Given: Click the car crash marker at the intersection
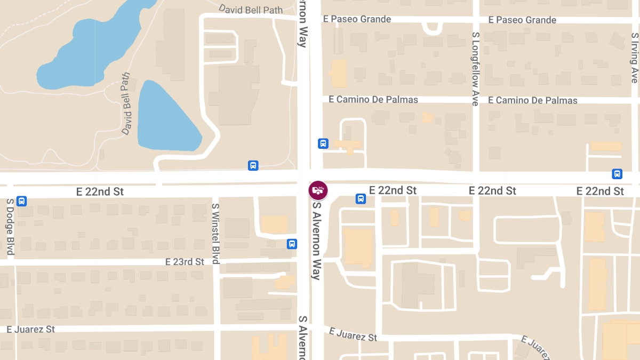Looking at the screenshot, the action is point(318,190).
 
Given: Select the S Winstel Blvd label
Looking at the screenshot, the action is point(215,234).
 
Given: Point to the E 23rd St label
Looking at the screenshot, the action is point(185,262).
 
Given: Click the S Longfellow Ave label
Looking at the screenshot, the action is point(475,68).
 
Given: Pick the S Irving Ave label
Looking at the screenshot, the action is point(634,58).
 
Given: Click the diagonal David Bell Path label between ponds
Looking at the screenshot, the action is point(126,103).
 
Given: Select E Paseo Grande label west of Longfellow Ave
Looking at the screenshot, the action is point(357,19).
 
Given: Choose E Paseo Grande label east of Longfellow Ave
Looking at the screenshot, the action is point(522,20).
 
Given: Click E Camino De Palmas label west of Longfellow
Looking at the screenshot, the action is point(373,100).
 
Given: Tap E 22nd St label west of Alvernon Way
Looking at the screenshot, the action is point(100,191).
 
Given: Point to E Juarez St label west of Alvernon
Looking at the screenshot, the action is point(30,329).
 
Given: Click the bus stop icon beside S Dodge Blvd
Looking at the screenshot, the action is point(22,201).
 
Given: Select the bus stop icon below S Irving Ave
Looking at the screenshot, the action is point(617,174).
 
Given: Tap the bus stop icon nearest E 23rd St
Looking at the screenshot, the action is point(292,244).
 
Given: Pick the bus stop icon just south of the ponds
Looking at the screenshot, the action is point(253,165).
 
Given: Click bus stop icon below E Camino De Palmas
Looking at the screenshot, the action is point(323,143).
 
